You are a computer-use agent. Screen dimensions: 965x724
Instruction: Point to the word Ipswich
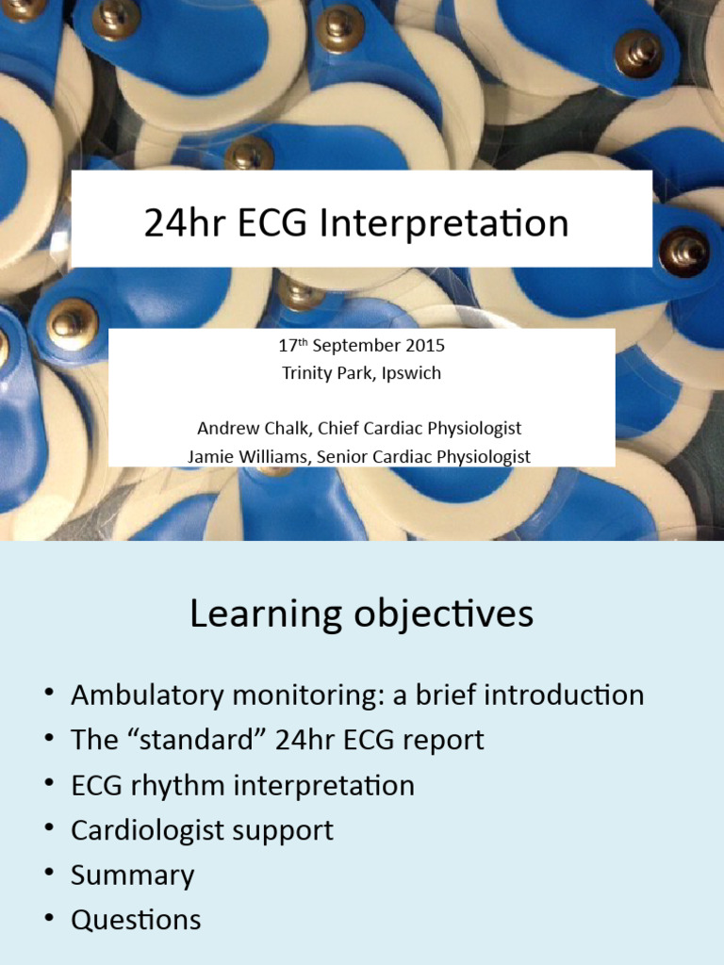click(x=410, y=372)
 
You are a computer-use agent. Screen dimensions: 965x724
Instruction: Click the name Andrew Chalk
click(x=253, y=428)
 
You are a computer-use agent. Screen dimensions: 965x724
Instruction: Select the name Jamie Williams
click(x=248, y=456)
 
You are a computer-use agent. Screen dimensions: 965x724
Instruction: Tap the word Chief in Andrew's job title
click(x=339, y=428)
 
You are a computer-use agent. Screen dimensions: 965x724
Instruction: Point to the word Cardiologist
click(x=149, y=830)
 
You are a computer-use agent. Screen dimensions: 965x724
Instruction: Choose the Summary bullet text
click(x=133, y=875)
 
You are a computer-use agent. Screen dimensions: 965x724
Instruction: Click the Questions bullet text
click(x=136, y=920)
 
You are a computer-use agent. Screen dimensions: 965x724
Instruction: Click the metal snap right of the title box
click(x=683, y=252)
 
